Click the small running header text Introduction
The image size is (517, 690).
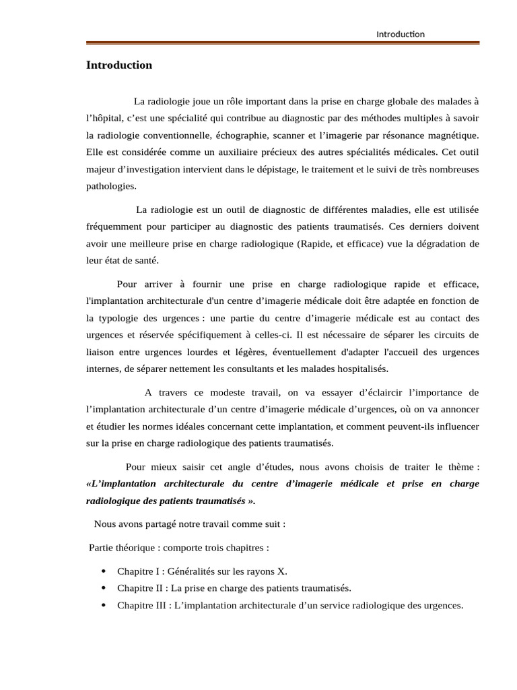400,34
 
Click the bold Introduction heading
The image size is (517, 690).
119,65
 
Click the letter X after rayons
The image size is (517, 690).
281,571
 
